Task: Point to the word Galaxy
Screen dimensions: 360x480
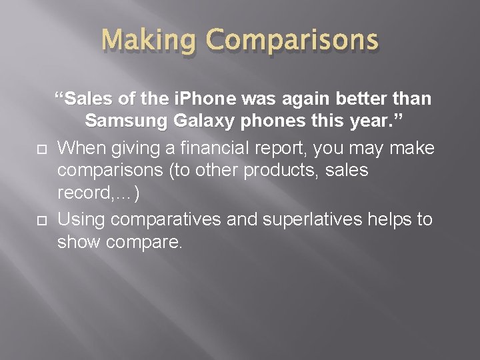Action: pos(215,123)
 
